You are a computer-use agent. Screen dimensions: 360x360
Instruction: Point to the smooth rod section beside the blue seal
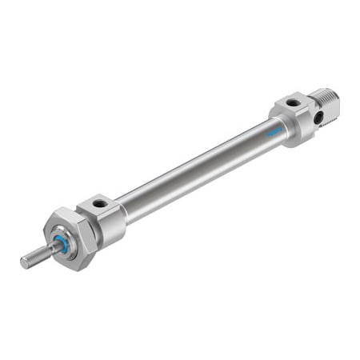coord(52,249)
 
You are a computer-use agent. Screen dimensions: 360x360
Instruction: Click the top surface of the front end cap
coord(100,207)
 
